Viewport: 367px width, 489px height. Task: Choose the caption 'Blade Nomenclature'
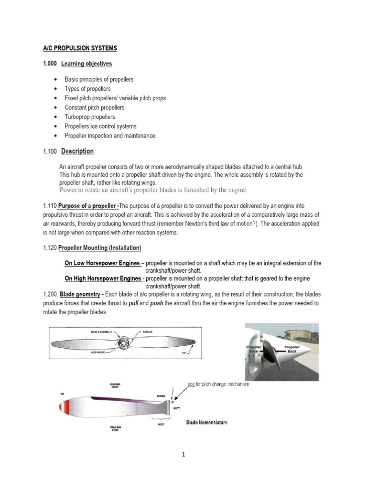[x=207, y=422]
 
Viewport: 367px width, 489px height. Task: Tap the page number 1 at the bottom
[x=183, y=454]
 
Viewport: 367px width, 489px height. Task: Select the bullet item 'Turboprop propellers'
[x=89, y=117]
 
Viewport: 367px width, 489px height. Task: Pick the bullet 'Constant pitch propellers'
[x=94, y=107]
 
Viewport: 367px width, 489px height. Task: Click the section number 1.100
[x=50, y=151]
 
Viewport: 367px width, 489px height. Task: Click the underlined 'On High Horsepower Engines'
[x=103, y=278]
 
